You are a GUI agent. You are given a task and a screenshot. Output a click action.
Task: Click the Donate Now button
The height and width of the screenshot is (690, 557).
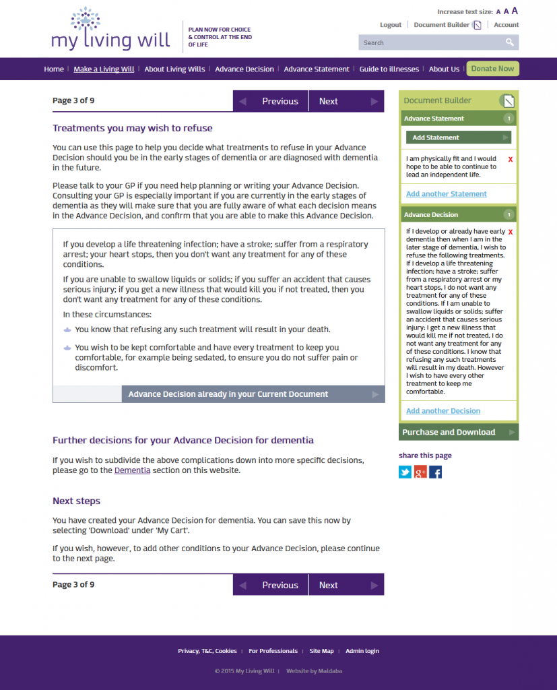pos(492,69)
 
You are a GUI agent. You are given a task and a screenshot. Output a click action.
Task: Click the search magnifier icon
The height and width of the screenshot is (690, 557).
pos(510,42)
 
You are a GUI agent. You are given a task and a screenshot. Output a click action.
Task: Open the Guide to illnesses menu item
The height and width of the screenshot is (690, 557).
pos(389,69)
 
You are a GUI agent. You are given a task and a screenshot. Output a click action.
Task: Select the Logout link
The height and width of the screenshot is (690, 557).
pos(391,25)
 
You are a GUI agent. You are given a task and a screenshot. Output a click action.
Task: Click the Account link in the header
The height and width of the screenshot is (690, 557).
pos(506,25)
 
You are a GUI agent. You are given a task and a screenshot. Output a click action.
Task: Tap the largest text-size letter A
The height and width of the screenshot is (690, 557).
pos(515,11)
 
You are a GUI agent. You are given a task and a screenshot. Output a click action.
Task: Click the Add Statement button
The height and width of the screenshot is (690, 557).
pos(458,137)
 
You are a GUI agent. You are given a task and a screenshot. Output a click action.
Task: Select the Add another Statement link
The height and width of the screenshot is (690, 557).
pos(446,194)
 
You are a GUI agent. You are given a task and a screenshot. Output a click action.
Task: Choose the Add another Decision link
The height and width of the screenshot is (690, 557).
pos(443,411)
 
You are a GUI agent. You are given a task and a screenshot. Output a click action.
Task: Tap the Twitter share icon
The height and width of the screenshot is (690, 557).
pos(405,472)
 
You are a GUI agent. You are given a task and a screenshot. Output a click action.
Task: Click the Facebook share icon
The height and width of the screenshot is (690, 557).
pos(436,472)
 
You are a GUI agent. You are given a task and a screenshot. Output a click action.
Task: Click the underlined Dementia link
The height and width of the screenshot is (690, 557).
pos(132,470)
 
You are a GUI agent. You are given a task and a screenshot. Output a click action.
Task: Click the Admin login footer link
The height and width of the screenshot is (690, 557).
pos(362,651)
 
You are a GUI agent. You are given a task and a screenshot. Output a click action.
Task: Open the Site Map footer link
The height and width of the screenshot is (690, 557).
pos(321,651)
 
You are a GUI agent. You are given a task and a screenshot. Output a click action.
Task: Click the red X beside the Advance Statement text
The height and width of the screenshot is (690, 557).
pos(511,160)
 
